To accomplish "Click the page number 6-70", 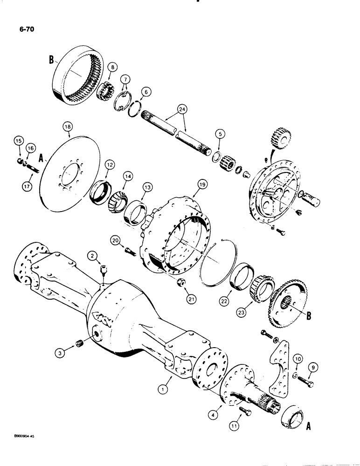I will pyautogui.click(x=24, y=29).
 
